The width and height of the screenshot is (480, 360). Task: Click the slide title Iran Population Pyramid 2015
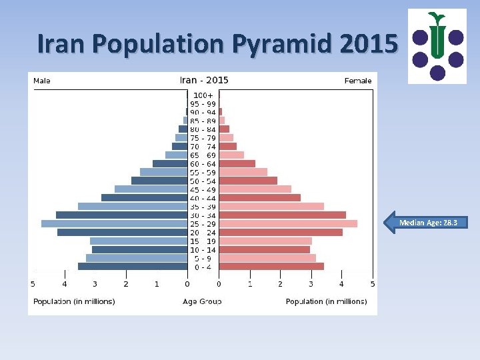point(218,43)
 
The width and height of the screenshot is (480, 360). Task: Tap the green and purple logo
point(437,46)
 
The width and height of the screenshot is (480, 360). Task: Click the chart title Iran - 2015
point(204,80)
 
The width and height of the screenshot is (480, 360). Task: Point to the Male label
point(42,81)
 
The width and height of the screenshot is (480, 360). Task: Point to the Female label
point(358,81)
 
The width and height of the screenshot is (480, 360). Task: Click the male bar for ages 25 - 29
point(114,223)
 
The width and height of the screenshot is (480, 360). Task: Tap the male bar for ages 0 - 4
point(133,266)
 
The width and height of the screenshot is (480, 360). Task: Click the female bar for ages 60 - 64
point(237,163)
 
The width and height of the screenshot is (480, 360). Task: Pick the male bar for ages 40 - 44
point(144,197)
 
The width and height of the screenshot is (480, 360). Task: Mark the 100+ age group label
point(203,95)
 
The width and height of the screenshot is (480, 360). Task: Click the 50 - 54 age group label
point(203,181)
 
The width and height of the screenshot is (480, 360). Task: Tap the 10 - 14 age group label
point(203,249)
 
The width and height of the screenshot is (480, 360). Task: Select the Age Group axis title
point(202,301)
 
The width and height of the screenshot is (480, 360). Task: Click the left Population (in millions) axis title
point(74,301)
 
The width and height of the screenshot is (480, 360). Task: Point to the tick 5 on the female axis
point(372,284)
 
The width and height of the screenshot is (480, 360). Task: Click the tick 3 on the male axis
point(95,284)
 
